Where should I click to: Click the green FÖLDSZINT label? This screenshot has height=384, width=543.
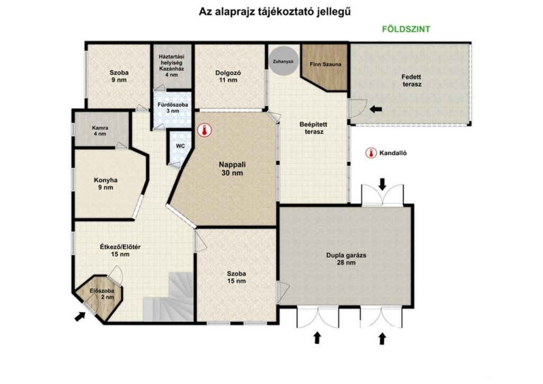coord(406,29)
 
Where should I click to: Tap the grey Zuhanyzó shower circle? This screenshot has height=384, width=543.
coord(284,61)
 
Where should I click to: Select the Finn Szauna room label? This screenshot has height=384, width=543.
coord(325,64)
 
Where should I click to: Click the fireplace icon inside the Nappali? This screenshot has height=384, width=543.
coord(204,130)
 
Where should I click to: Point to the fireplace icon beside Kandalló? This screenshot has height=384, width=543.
coord(371,153)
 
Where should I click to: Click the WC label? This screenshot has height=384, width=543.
coord(180,146)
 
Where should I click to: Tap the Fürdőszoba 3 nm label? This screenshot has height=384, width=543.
coord(173,108)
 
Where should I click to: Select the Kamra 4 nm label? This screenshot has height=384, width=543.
coord(100,131)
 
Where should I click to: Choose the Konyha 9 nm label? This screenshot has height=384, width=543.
coord(106,184)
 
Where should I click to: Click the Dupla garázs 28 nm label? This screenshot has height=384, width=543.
coord(346,259)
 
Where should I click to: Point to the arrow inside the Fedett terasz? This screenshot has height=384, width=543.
coord(376,109)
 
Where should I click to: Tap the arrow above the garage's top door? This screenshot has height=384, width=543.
coord(382,184)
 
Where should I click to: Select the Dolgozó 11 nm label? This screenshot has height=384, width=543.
coord(228,76)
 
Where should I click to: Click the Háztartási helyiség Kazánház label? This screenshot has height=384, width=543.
coord(171,66)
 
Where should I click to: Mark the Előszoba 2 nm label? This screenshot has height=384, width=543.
coord(102,294)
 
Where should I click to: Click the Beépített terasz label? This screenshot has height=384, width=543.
coord(313,128)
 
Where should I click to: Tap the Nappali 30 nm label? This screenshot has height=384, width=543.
coord(232,169)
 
